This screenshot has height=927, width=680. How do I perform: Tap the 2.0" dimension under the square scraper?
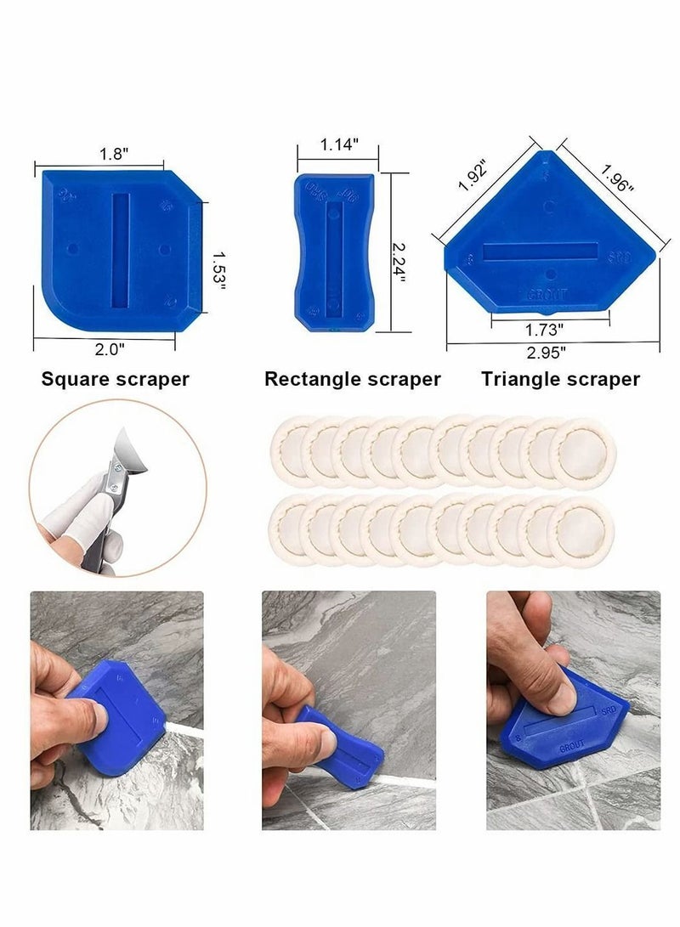pos(110,348)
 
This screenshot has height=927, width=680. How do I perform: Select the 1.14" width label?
pos(338,144)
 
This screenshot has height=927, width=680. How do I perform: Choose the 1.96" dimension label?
pos(618,178)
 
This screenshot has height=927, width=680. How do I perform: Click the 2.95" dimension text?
pos(553,348)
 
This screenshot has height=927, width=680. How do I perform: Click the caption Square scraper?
pos(116,379)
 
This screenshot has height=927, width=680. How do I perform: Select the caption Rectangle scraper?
pos(352,379)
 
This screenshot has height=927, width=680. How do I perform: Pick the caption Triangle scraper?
pos(561,379)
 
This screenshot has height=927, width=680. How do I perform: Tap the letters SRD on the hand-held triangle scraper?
pos(609,707)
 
